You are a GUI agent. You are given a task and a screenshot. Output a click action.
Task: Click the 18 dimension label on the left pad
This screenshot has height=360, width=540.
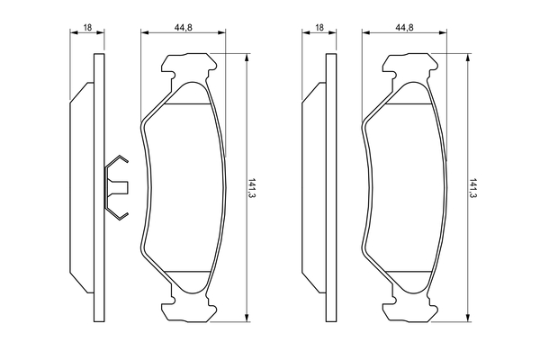tap(88, 27)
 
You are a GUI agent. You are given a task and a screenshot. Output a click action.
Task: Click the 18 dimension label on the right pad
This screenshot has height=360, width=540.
tap(319, 27)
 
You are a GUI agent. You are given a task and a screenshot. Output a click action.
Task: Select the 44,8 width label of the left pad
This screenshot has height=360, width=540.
tap(184, 27)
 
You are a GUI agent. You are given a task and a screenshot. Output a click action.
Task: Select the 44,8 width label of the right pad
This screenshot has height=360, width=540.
tap(404, 27)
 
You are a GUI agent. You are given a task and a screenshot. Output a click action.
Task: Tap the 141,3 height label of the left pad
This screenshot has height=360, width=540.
tap(252, 188)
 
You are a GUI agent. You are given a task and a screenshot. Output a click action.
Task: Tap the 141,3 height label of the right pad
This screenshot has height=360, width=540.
tap(473, 188)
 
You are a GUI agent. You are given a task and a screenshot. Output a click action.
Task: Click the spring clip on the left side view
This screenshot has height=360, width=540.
tap(117, 188)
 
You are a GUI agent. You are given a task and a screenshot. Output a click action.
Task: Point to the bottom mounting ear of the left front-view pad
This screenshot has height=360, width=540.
tap(189, 309)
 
